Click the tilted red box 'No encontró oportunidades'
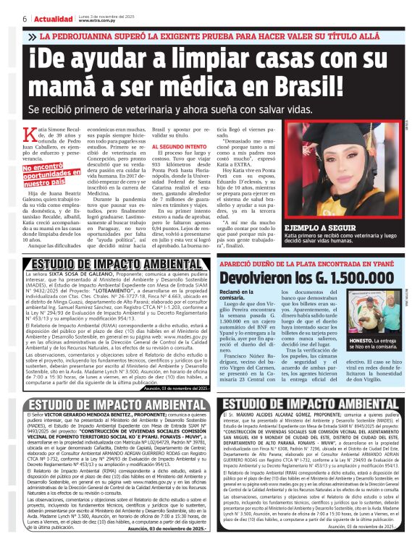(x=49, y=174)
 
